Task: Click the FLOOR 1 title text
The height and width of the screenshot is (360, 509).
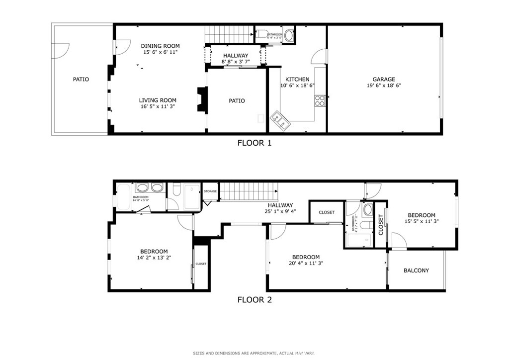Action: (254, 143)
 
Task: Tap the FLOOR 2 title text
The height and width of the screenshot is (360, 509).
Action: (254, 299)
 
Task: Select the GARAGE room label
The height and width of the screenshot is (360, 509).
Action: (384, 79)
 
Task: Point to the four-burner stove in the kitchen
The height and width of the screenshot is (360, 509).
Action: (320, 101)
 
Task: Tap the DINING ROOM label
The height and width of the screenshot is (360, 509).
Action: (160, 46)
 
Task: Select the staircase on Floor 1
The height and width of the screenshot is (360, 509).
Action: (229, 35)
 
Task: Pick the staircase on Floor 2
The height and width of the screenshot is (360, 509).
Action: (248, 191)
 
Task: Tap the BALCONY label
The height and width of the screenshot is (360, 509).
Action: (416, 270)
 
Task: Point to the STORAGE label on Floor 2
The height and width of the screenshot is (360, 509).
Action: (210, 191)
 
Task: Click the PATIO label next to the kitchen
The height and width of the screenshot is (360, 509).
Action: (237, 101)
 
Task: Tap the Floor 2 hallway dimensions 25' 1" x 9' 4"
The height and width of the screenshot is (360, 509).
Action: (280, 211)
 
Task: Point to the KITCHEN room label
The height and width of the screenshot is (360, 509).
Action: (297, 79)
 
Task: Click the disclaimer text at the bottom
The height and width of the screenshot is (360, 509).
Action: (254, 353)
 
